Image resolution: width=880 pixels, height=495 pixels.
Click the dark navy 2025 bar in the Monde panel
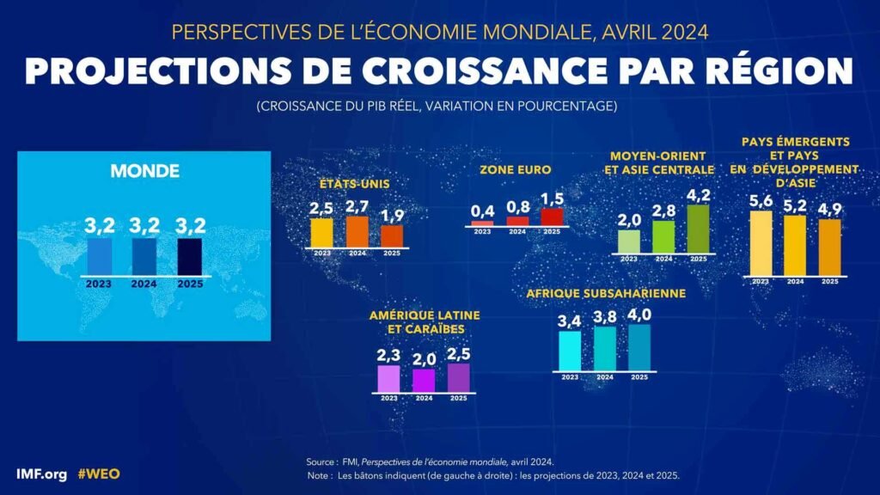point(190,257)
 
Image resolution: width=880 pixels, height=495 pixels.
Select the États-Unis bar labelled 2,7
point(357,232)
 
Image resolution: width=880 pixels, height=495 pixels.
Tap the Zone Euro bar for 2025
point(552,217)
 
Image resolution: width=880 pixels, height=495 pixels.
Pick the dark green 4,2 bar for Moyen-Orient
point(698,229)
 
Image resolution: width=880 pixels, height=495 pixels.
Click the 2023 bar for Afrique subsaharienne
point(570,351)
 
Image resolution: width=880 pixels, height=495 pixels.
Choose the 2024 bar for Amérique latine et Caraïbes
point(424,381)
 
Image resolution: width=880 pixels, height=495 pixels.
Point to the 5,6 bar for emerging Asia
point(761,243)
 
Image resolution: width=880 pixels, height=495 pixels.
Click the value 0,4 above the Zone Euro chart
point(483,211)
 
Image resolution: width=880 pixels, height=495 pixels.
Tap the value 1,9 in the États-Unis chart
point(392,216)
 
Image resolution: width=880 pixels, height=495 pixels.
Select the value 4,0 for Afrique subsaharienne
point(639,315)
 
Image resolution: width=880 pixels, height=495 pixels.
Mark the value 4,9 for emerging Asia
point(829,210)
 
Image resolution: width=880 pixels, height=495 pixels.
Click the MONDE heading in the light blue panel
point(144,171)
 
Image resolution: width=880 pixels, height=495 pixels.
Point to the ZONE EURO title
point(516,169)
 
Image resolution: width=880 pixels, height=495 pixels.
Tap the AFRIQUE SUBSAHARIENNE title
point(606,294)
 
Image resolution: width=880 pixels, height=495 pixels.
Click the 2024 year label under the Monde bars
point(144,284)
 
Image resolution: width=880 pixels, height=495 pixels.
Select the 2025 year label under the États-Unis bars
point(392,254)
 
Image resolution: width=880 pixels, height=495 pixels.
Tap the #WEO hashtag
point(99,474)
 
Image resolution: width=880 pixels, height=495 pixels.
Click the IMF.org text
point(41,474)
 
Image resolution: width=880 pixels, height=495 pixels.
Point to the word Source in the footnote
point(321,461)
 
